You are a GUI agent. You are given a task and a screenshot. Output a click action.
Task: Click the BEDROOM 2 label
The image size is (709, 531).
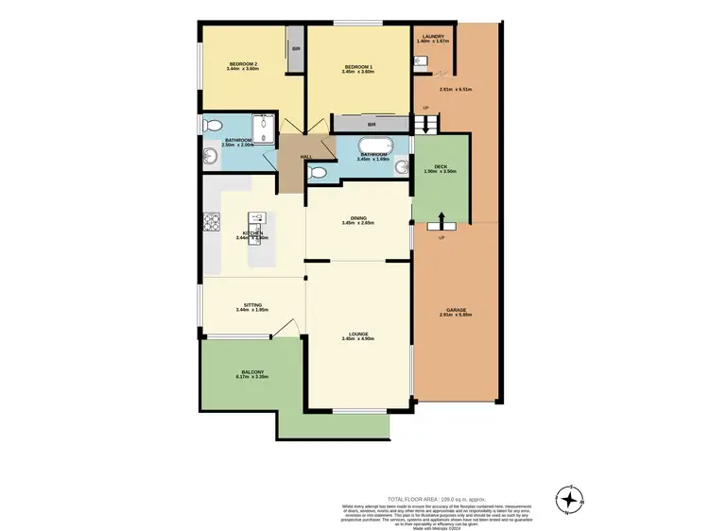tap(243, 63)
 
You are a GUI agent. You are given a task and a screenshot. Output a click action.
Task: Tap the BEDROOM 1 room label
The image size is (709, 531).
tap(358, 66)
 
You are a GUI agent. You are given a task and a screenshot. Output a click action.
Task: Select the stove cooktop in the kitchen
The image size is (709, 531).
tap(210, 224)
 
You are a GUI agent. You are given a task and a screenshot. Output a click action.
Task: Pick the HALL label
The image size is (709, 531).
tap(305, 157)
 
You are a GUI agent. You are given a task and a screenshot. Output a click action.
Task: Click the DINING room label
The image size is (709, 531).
tap(358, 217)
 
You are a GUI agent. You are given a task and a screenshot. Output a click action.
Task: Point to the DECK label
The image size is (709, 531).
tap(441, 165)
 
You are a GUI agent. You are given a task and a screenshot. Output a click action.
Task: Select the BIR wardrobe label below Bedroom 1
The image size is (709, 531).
tap(372, 124)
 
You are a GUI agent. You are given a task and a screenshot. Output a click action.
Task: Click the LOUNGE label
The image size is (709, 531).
tap(358, 334)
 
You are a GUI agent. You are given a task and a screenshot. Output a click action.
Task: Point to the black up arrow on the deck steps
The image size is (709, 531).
tap(440, 221)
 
